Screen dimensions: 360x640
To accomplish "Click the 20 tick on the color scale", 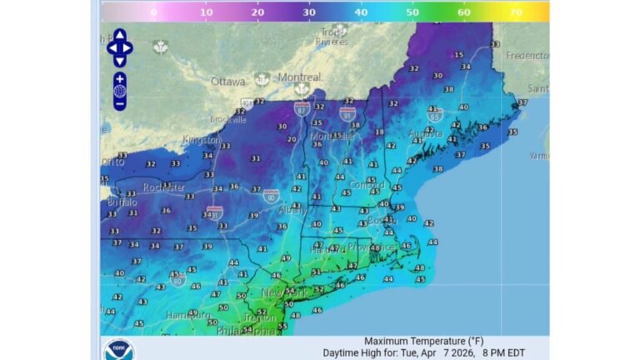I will pyautogui.click(x=257, y=12).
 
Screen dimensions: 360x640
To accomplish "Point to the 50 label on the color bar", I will pyautogui.click(x=412, y=12).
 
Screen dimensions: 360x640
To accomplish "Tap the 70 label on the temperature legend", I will pyautogui.click(x=516, y=12).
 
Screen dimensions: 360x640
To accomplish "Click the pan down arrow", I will pyautogui.click(x=119, y=62).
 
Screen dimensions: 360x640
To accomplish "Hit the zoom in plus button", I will pyautogui.click(x=119, y=78).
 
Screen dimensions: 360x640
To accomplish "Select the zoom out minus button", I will pyautogui.click(x=119, y=104).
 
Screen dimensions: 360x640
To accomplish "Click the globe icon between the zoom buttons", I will pyautogui.click(x=119, y=91).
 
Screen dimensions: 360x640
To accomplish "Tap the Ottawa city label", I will pyautogui.click(x=227, y=82).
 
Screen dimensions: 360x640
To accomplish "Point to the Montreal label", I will pyautogui.click(x=298, y=77).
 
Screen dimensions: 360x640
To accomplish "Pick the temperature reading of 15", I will pyautogui.click(x=458, y=55).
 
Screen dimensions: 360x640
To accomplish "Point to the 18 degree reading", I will pyautogui.click(x=379, y=132).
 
